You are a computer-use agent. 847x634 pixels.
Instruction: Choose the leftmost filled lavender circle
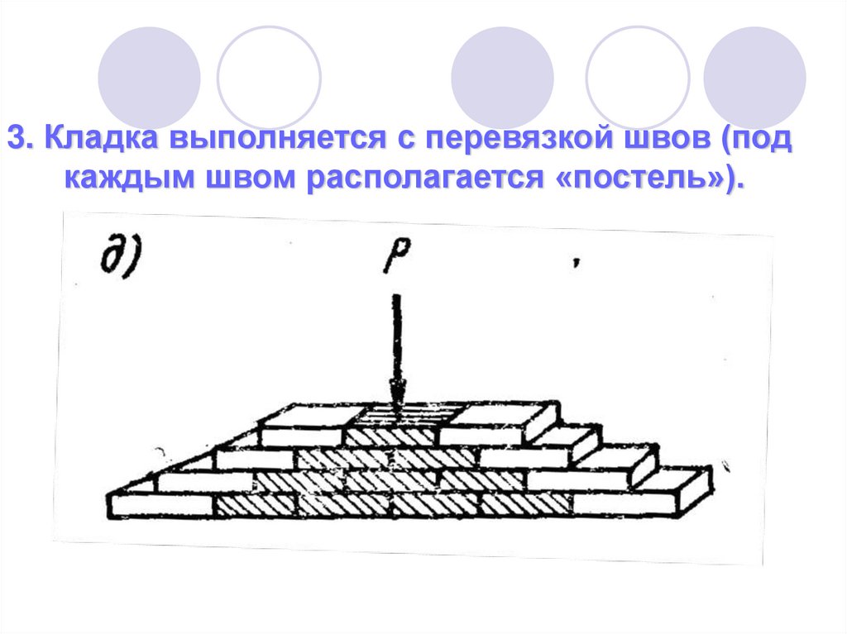(149, 76)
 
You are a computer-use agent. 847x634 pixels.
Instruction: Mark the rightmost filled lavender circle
(754, 76)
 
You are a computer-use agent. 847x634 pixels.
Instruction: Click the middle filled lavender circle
(502, 76)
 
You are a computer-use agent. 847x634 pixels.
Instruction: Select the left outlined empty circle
(269, 76)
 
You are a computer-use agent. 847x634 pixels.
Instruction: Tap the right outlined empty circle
(637, 76)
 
